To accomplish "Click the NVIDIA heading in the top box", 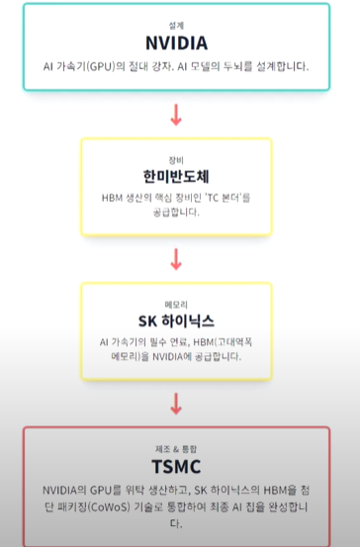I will pyautogui.click(x=177, y=44).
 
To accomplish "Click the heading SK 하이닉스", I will pyautogui.click(x=176, y=320).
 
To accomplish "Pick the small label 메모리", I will pyautogui.click(x=176, y=302).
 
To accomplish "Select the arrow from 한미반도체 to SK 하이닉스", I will pyautogui.click(x=177, y=258).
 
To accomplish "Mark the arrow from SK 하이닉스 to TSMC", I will pyautogui.click(x=177, y=403).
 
